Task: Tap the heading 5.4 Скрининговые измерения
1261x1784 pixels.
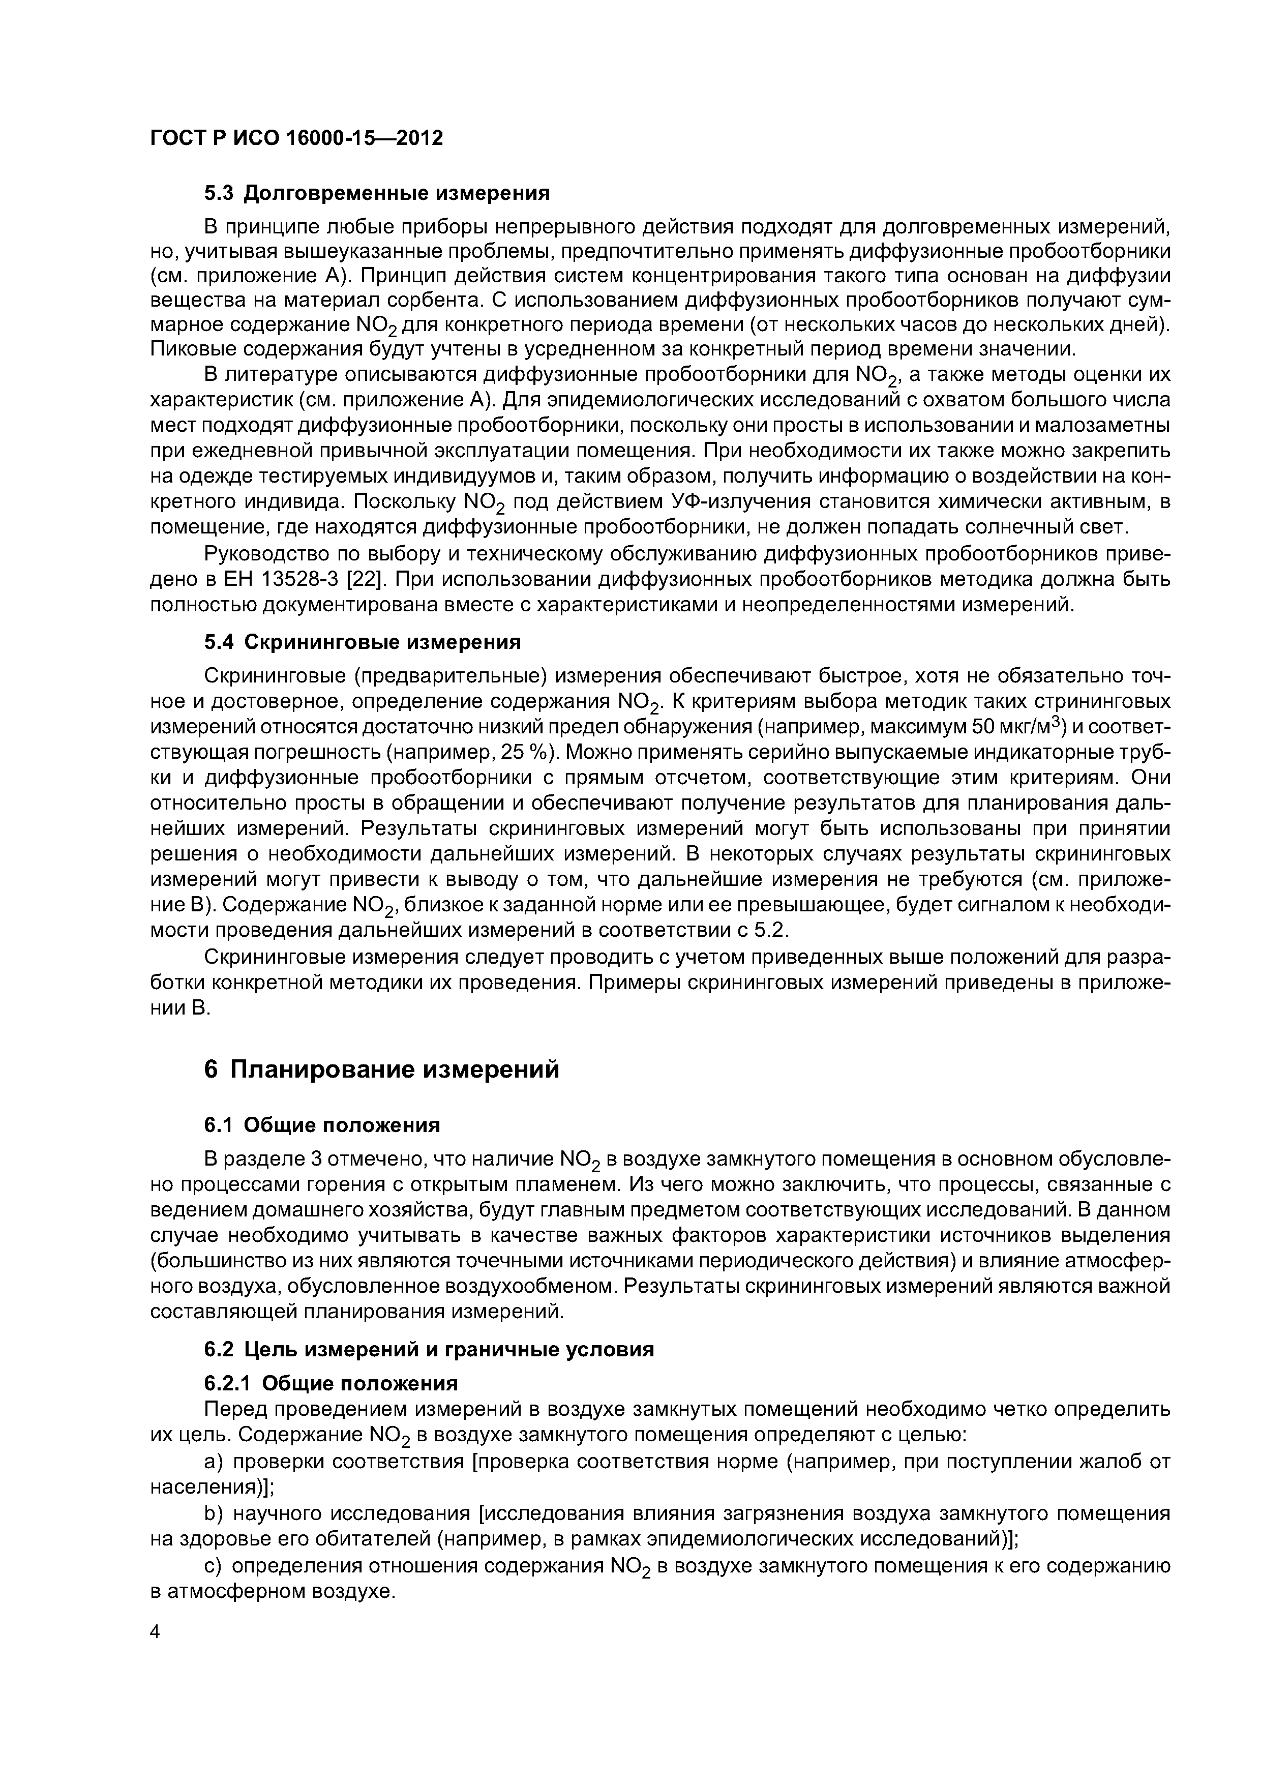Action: tap(362, 642)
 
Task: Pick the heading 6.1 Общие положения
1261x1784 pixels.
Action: tap(322, 1125)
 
